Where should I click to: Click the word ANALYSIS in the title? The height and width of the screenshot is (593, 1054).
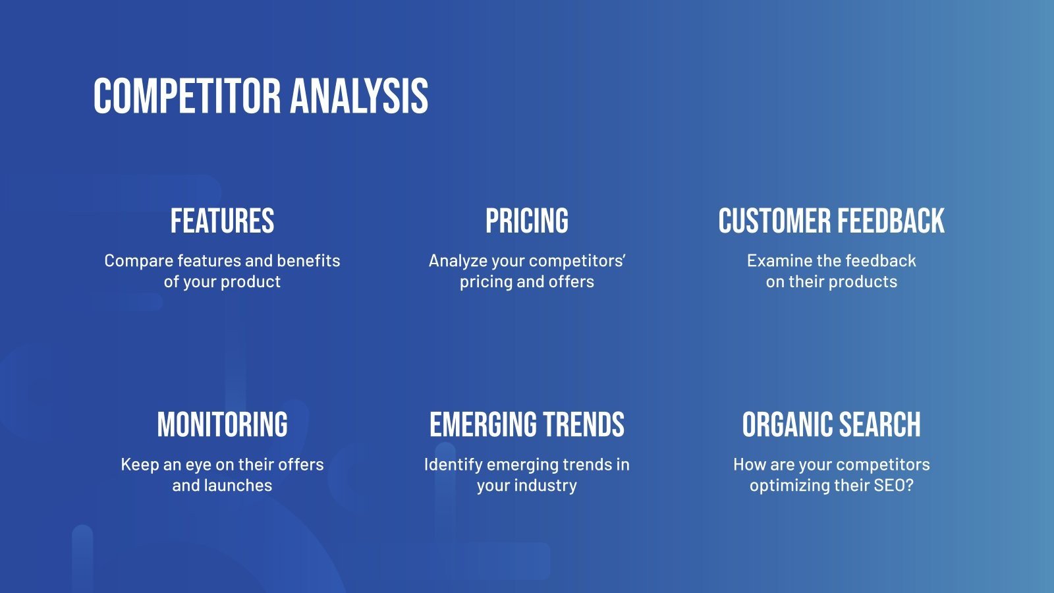point(359,96)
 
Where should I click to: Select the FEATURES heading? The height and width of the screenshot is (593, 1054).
point(222,221)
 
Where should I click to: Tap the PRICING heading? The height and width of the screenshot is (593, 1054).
point(526,221)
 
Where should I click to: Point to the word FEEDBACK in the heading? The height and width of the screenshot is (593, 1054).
point(890,221)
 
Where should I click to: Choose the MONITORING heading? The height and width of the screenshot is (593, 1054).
point(222,425)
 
